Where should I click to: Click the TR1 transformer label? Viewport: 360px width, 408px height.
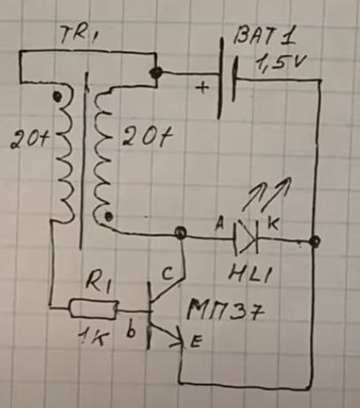point(79,34)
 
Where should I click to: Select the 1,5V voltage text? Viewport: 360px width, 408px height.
point(281,63)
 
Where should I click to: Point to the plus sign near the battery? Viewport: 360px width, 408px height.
point(203,87)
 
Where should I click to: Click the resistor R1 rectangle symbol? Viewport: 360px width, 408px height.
point(94,308)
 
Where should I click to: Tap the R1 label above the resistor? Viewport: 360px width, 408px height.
point(98,284)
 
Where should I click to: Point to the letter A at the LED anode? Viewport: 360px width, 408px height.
point(220,225)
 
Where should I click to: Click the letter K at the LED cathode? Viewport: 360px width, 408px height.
point(273,224)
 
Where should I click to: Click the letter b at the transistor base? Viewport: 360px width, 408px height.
point(131,330)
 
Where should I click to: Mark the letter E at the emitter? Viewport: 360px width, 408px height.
point(196,342)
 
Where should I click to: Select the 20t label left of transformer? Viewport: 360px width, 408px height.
point(29,140)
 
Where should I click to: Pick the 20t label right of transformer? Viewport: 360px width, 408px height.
point(147,137)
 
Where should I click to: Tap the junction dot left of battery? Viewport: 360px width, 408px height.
point(155,72)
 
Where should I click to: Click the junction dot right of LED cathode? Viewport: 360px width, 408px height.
point(315,242)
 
